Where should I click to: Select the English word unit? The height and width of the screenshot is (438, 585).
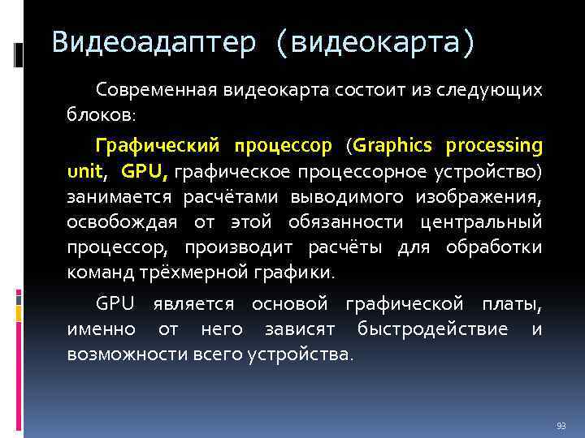86,172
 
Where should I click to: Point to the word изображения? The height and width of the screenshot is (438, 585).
479,197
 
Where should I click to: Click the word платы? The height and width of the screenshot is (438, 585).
513,304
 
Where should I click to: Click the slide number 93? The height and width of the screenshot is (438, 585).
561,425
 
